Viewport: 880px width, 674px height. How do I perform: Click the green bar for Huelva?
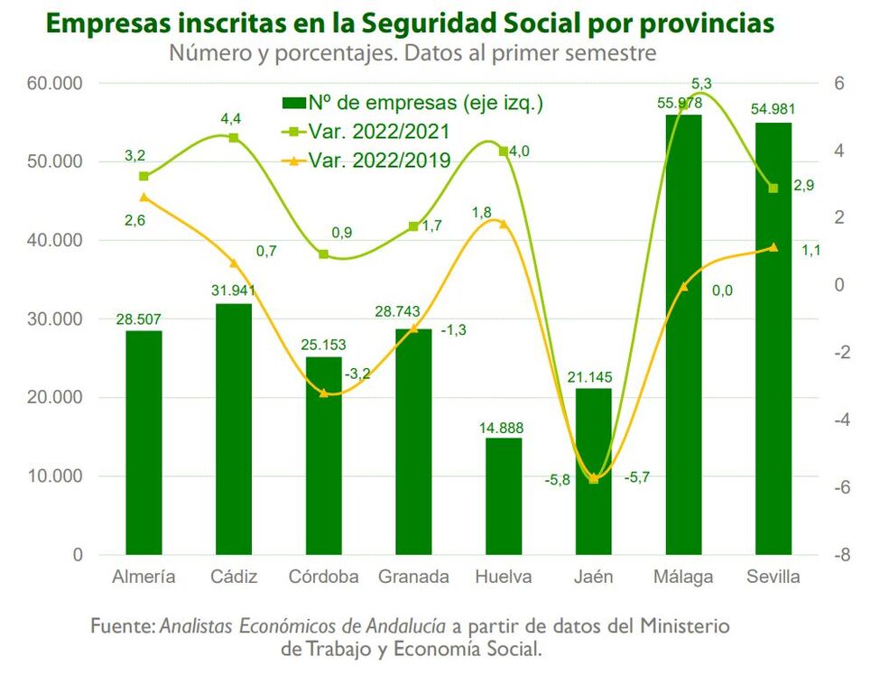pyautogui.click(x=504, y=496)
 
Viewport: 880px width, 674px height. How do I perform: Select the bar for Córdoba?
pyautogui.click(x=324, y=456)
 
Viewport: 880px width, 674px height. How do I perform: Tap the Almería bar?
pyautogui.click(x=144, y=443)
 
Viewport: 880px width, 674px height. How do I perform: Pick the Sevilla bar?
pyautogui.click(x=773, y=338)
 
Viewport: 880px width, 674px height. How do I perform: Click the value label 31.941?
pyautogui.click(x=234, y=291)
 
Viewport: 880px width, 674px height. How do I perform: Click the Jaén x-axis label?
pyautogui.click(x=593, y=577)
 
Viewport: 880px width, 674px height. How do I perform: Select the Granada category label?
pyautogui.click(x=413, y=577)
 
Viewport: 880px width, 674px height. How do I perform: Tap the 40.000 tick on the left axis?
pyautogui.click(x=54, y=240)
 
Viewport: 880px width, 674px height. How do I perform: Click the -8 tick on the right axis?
pyautogui.click(x=842, y=555)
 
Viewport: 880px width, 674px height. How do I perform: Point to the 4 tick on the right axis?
pyautogui.click(x=839, y=151)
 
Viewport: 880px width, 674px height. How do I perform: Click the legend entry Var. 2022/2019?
pyautogui.click(x=366, y=161)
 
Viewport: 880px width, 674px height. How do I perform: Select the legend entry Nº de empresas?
pyautogui.click(x=412, y=103)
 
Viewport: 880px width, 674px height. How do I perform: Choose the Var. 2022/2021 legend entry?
pyautogui.click(x=366, y=132)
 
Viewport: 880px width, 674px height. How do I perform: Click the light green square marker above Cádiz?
pyautogui.click(x=234, y=137)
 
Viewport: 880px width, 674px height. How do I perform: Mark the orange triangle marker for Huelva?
pyautogui.click(x=504, y=224)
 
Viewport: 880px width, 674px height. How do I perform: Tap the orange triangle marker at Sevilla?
pyautogui.click(x=773, y=247)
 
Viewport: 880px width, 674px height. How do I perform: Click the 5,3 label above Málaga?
pyautogui.click(x=701, y=84)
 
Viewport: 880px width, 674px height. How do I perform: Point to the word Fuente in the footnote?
pyautogui.click(x=123, y=625)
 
